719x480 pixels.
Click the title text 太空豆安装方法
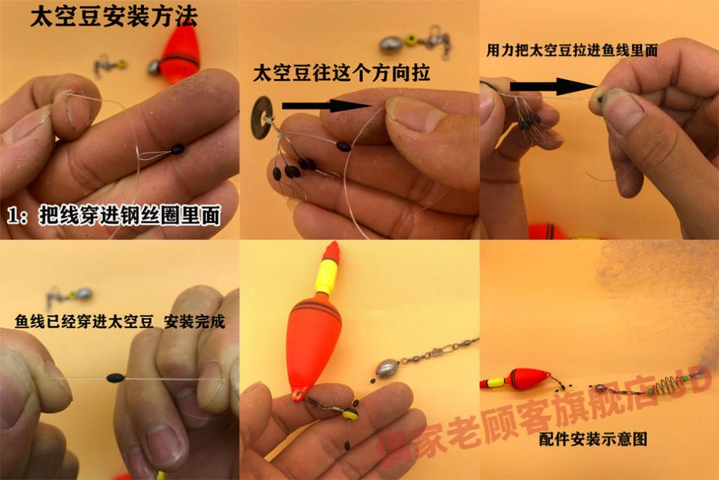point(114,17)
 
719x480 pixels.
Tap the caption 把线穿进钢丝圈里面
point(130,215)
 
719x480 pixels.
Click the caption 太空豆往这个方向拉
point(341,73)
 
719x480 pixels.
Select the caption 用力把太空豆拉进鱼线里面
point(572,50)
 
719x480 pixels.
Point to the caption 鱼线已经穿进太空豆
point(84,322)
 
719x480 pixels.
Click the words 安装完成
point(195,322)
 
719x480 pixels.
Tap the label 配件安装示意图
point(593,439)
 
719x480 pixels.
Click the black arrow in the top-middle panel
point(326,106)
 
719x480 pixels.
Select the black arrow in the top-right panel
point(553,86)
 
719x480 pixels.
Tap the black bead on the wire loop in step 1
point(177,149)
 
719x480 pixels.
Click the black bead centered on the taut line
point(115,378)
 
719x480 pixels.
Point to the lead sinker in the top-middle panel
point(391,45)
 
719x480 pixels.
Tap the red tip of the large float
point(330,251)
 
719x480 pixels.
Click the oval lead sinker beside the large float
point(388,367)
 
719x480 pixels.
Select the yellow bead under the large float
point(352,415)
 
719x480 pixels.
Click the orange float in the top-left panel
point(180,54)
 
